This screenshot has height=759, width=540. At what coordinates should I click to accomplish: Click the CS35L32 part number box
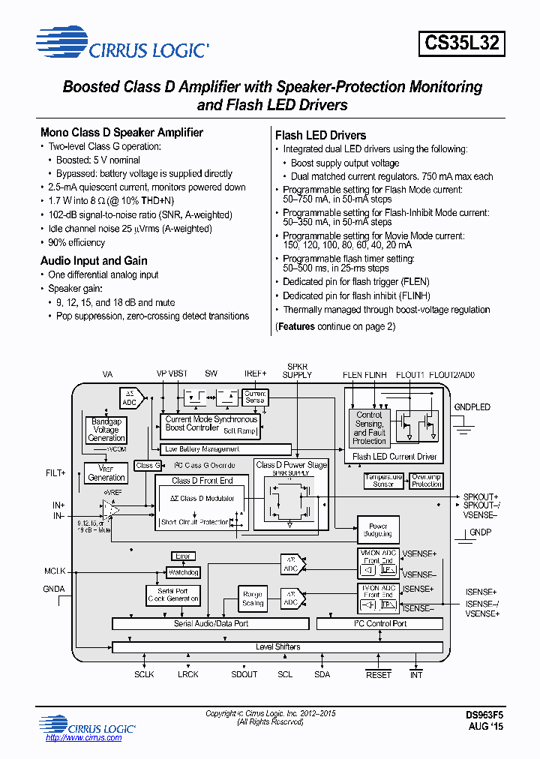point(461,42)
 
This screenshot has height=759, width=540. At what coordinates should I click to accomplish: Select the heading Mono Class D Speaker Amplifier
point(121,133)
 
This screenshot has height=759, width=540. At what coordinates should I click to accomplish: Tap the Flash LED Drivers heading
point(320,136)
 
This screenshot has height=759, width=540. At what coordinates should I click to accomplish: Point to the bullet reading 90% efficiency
point(76,243)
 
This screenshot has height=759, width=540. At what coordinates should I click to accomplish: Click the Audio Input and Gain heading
point(94,261)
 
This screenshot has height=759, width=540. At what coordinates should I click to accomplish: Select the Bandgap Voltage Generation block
point(106,430)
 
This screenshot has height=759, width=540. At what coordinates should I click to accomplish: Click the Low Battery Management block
point(202,449)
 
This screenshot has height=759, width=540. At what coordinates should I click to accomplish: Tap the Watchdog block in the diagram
point(183,572)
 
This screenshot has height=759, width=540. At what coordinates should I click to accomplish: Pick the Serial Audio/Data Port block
point(211,624)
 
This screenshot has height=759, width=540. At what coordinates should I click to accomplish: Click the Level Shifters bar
point(277,646)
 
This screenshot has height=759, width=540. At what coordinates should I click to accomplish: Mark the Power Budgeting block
point(377,530)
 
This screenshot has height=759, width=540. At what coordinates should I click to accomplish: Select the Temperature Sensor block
point(383,481)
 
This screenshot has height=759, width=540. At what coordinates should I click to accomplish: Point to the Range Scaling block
point(253,598)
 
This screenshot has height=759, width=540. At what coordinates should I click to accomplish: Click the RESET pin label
point(379,674)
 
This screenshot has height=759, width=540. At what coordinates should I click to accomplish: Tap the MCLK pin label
point(55,571)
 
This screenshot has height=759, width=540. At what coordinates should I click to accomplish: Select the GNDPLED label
point(472,407)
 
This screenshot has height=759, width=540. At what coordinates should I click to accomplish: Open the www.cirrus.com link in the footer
point(83,738)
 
